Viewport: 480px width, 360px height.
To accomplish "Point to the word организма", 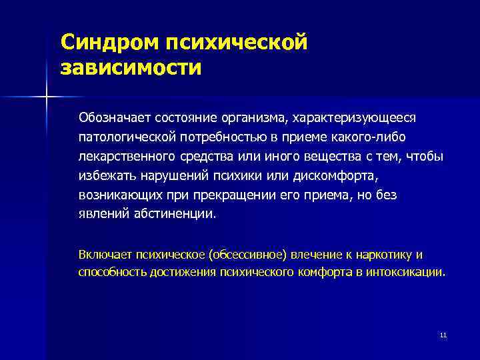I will tap(251, 118).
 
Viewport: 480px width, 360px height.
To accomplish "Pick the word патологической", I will tap(125, 137).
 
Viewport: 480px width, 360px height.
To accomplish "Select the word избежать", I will tap(103, 175).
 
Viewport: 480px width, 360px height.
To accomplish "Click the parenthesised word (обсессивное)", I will tap(247, 254).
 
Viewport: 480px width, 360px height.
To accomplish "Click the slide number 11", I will tap(443, 335).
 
